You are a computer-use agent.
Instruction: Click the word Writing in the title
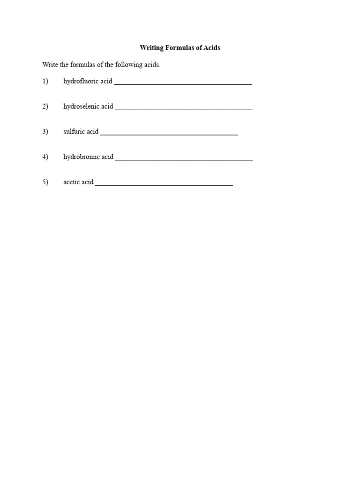150,48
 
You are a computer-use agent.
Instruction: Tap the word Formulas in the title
179,48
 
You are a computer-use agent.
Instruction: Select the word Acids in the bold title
211,48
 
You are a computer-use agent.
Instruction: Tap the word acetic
72,182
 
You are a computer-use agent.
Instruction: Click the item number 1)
45,82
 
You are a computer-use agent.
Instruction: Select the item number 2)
45,107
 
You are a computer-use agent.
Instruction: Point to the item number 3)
45,132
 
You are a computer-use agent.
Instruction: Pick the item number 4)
45,157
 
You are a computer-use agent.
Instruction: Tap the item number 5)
45,182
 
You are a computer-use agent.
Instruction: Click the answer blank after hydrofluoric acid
183,83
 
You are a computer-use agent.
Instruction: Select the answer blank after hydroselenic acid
184,108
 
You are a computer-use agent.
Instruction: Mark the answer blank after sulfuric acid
169,133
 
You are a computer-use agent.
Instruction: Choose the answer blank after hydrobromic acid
184,158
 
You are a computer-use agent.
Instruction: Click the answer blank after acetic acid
164,184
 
